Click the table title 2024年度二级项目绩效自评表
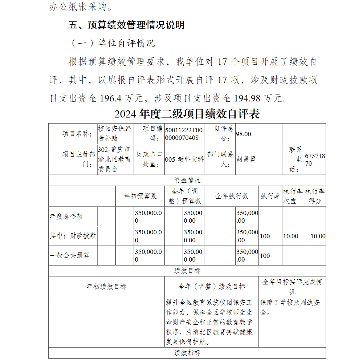187,114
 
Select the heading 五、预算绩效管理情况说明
126,25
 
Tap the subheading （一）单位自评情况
112,43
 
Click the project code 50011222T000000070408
184,134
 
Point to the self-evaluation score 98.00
244,134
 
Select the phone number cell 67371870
315,159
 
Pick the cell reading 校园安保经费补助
115,133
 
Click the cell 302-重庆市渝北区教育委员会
115,159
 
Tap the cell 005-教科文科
184,159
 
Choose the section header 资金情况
187,180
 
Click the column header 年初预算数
140,196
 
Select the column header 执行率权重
293,196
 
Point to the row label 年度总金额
66,216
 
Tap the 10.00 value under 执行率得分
318,236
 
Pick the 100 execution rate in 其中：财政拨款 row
265,236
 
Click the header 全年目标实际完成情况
292,286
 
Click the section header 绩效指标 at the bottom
187,353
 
